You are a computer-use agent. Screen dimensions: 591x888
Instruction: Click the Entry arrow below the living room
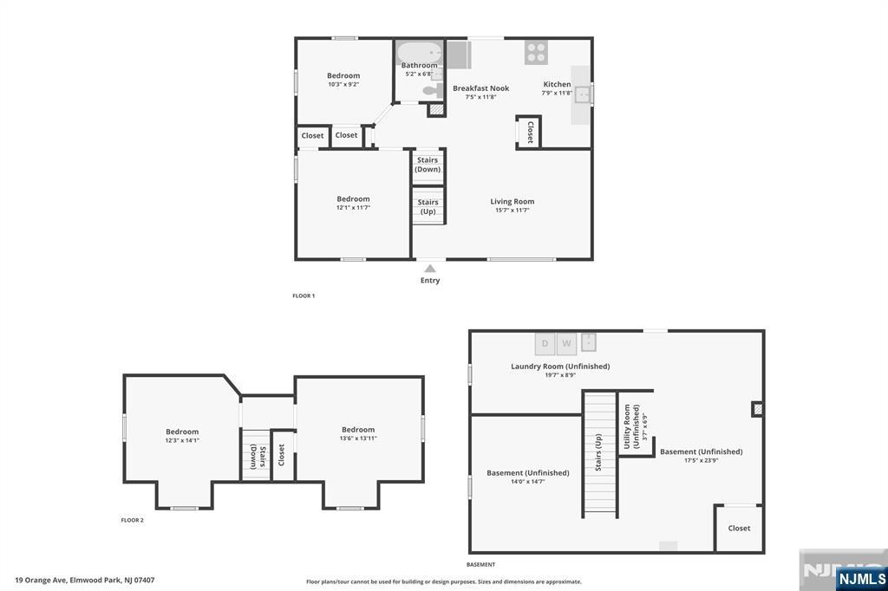pyautogui.click(x=430, y=269)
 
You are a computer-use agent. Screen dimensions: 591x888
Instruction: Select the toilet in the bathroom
pyautogui.click(x=430, y=90)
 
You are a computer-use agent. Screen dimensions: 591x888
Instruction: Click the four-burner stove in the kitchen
pyautogui.click(x=536, y=52)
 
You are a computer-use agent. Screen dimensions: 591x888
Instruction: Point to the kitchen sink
pyautogui.click(x=584, y=94)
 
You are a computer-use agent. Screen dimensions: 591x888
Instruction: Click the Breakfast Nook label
pyautogui.click(x=480, y=88)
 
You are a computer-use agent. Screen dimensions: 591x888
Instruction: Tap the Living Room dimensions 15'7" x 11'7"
pyautogui.click(x=512, y=211)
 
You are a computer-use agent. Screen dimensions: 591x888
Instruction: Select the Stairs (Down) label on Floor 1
pyautogui.click(x=428, y=165)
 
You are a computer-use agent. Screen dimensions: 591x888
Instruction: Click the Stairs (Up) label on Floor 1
pyautogui.click(x=428, y=207)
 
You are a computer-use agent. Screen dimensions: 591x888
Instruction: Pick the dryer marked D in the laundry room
pyautogui.click(x=545, y=343)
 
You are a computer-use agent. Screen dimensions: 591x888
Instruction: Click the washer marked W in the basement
pyautogui.click(x=566, y=343)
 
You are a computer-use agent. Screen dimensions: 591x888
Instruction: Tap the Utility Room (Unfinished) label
pyautogui.click(x=630, y=425)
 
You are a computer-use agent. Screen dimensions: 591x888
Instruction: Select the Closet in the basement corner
pyautogui.click(x=739, y=528)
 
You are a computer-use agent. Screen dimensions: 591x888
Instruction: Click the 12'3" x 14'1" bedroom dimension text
pyautogui.click(x=182, y=440)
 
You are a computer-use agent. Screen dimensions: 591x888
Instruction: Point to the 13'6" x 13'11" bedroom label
pyautogui.click(x=358, y=438)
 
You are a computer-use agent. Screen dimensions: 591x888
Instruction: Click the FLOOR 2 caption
pyautogui.click(x=132, y=521)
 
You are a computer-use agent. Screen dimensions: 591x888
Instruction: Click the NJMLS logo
pyautogui.click(x=860, y=578)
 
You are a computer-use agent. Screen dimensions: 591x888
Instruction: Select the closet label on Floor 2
pyautogui.click(x=281, y=455)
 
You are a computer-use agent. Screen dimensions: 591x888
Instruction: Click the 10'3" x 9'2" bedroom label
pyautogui.click(x=343, y=85)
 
